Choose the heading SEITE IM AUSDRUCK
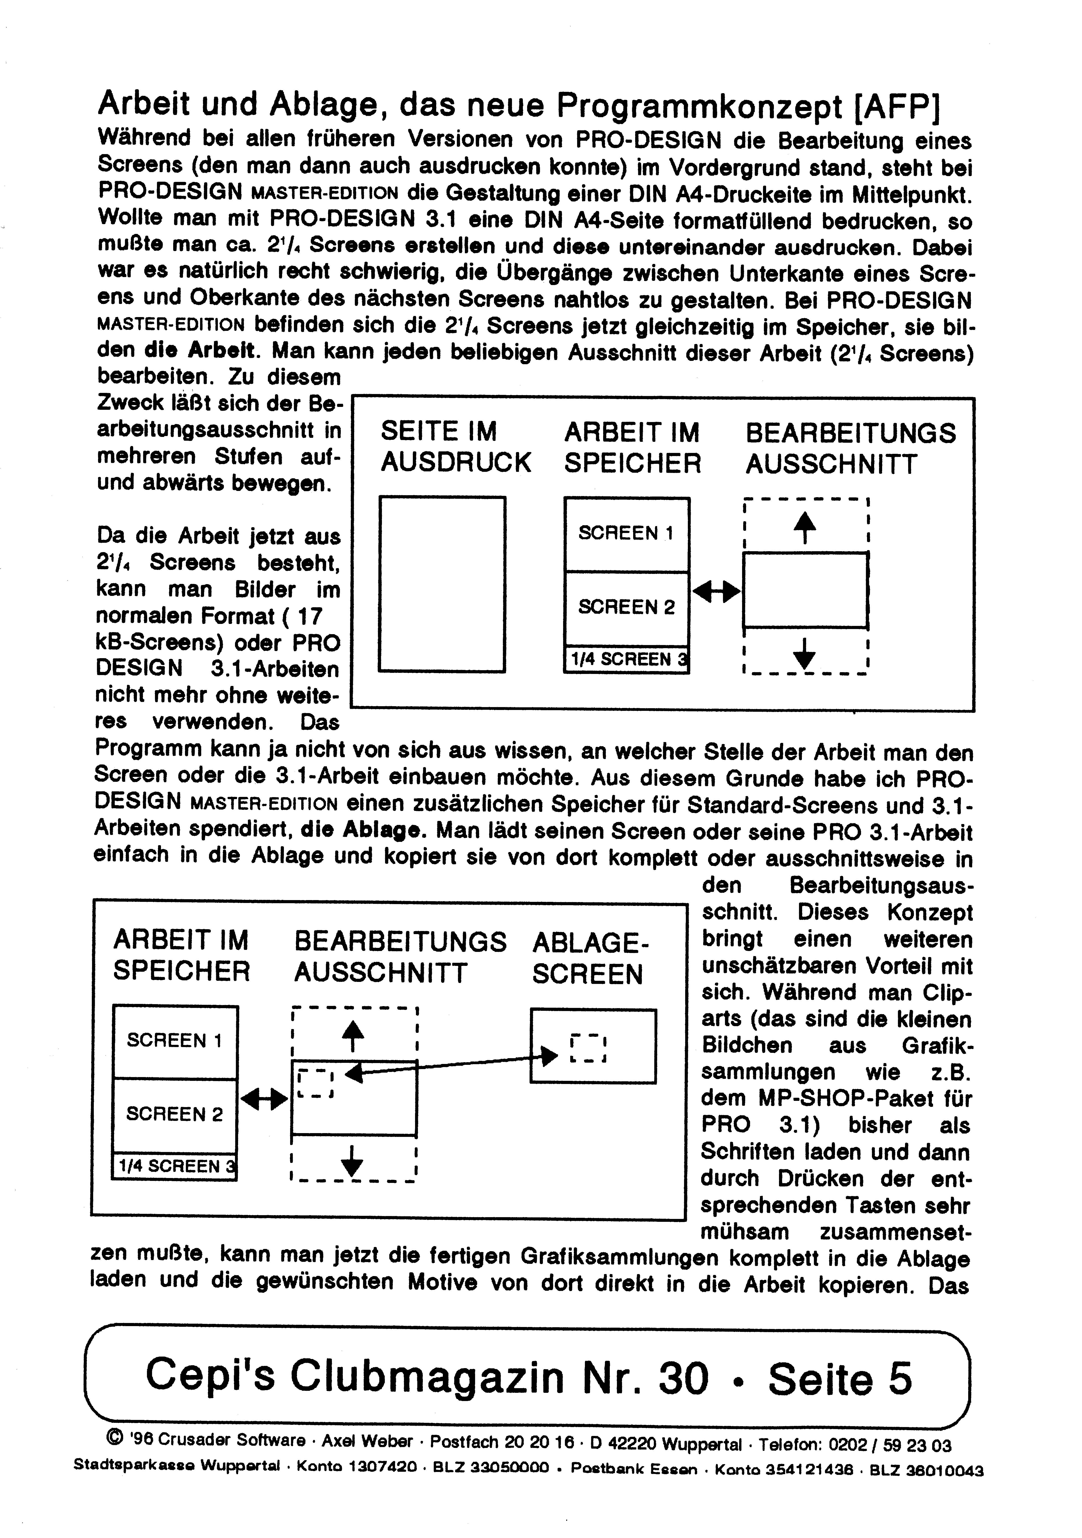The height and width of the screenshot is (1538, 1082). tap(455, 447)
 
